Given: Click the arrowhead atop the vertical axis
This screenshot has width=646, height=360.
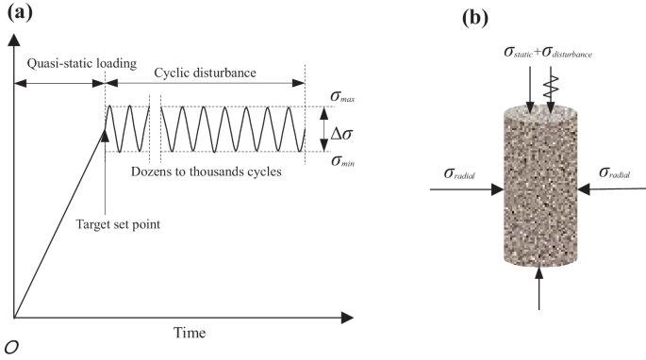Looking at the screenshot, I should (13, 39).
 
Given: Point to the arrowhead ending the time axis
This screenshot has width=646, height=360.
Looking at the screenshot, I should (361, 316).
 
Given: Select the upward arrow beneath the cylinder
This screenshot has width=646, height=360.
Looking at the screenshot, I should (538, 286).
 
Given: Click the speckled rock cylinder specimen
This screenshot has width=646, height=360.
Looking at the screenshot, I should (538, 188).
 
